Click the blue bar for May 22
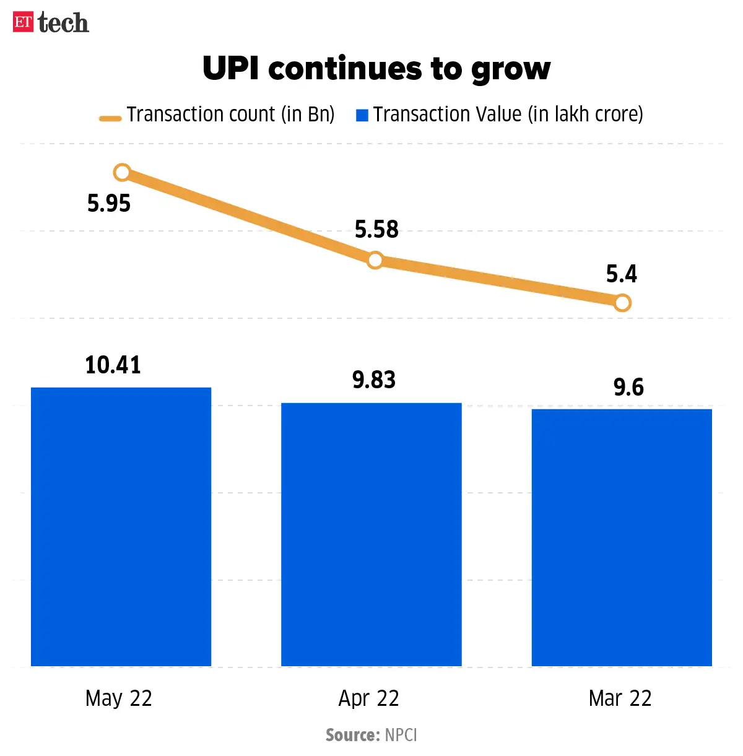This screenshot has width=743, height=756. pos(121,526)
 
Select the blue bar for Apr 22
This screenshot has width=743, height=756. pos(371,534)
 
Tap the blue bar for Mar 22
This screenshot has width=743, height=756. pos(622,537)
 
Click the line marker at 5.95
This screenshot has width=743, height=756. pos(123,172)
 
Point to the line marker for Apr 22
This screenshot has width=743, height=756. pos(375,260)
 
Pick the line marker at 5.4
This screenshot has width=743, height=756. pos(623,303)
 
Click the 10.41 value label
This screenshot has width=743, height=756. pos(113,365)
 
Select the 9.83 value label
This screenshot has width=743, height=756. pos(374,380)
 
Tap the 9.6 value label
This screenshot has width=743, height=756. pos(628,388)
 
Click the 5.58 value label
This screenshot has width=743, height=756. pos(376,230)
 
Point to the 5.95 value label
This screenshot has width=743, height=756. pos(109,204)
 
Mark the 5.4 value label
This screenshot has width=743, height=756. pos(622,274)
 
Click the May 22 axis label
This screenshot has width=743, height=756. pos(119,698)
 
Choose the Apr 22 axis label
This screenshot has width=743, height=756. pos(369,698)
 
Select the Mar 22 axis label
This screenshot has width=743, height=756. pos(620,698)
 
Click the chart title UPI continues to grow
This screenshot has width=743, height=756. pos(376,68)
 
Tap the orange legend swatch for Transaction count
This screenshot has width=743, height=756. pos(110,118)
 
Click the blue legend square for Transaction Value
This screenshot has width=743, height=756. pos(362,115)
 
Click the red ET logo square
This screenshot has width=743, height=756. pos(23,22)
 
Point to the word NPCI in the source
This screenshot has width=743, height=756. pos(401,735)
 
